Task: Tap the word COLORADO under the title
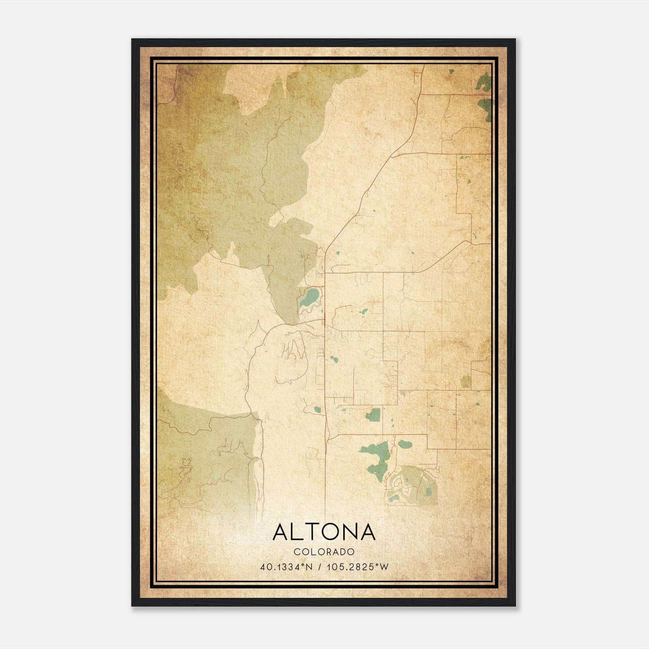[x=324, y=552]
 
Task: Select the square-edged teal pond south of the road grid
[x=373, y=414]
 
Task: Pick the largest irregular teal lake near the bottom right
[x=377, y=456]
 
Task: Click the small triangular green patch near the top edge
[x=451, y=72]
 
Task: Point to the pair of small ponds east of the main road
[x=333, y=359]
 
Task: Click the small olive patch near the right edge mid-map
[x=466, y=381]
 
